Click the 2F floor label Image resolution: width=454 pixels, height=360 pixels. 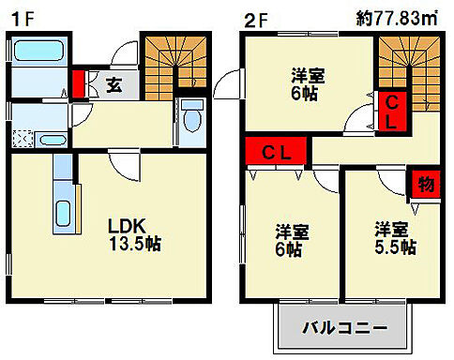tap(254, 18)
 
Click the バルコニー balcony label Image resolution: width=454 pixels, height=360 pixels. tap(346, 328)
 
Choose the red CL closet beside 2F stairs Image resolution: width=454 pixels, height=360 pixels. tap(392, 110)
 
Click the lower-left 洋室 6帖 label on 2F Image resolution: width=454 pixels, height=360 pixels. tap(293, 240)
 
